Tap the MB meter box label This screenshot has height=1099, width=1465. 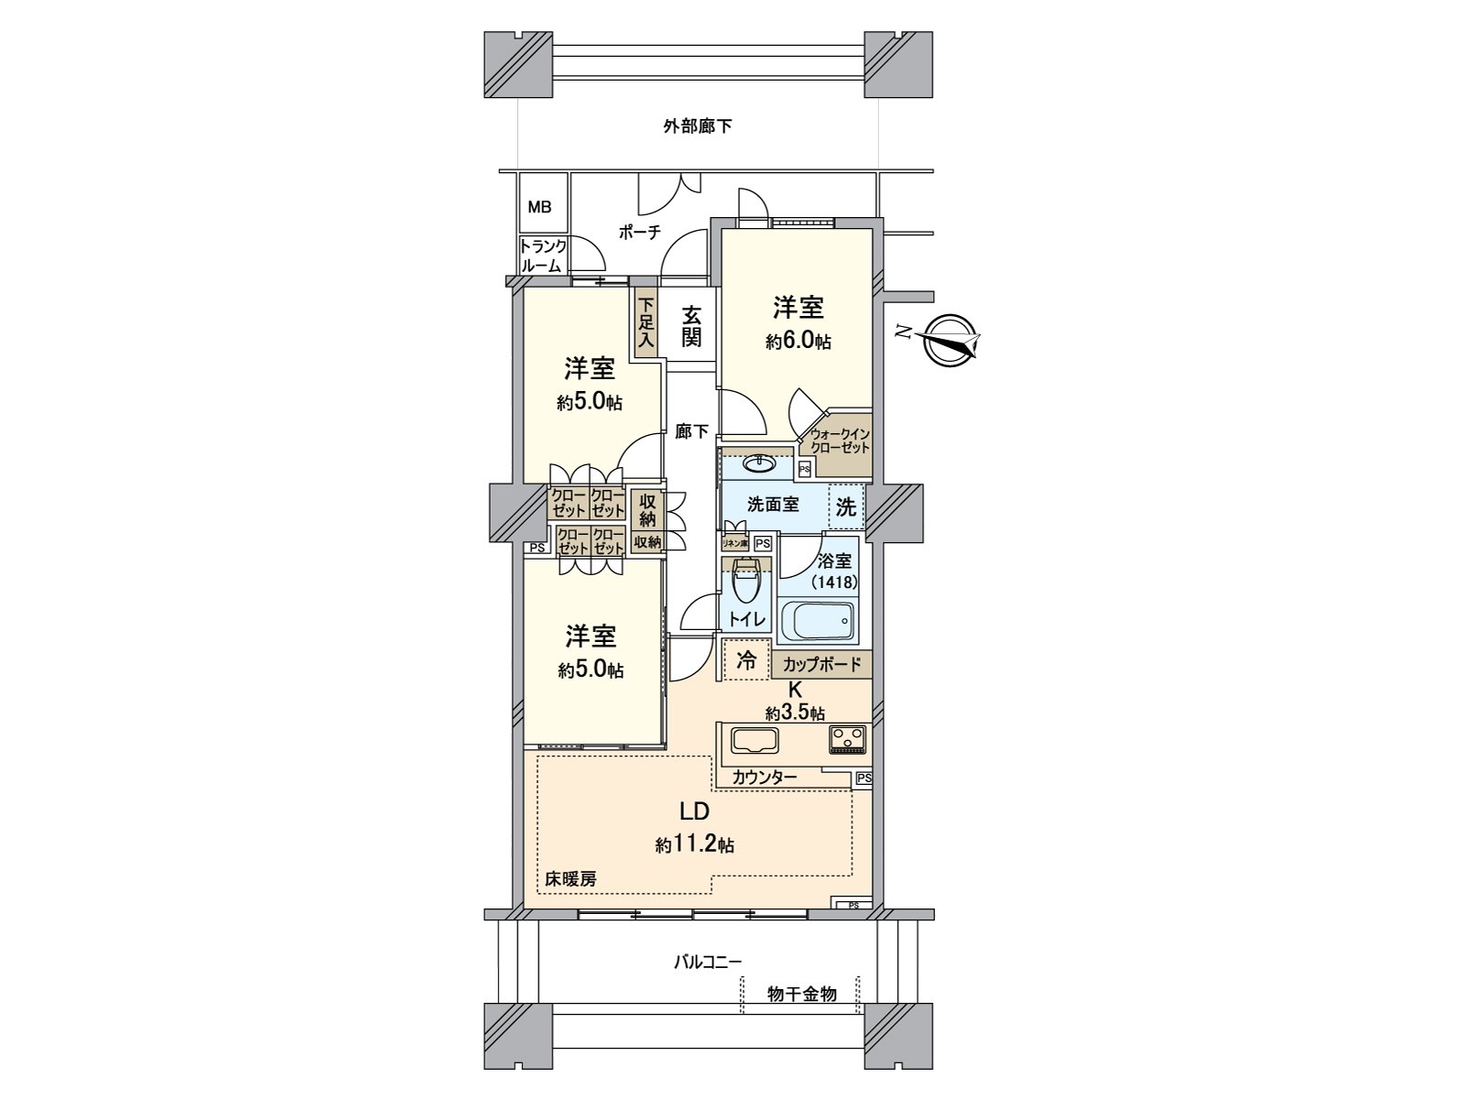pyautogui.click(x=539, y=207)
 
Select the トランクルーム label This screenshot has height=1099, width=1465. pyautogui.click(x=543, y=256)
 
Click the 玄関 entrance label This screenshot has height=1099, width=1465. pyautogui.click(x=691, y=326)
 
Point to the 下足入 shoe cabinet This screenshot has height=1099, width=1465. pyautogui.click(x=646, y=323)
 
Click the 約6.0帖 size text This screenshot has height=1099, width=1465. pyautogui.click(x=798, y=342)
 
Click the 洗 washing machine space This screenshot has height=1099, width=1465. pyautogui.click(x=846, y=506)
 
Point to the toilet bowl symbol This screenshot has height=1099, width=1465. pyautogui.click(x=747, y=582)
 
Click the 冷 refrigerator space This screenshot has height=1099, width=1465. pyautogui.click(x=746, y=659)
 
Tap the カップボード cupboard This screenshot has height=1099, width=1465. pyautogui.click(x=822, y=664)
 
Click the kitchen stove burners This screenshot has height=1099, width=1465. pyautogui.click(x=848, y=738)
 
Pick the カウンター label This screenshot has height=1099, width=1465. pyautogui.click(x=764, y=778)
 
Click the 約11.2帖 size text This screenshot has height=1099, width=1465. pyautogui.click(x=694, y=844)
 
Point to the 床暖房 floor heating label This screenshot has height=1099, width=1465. pyautogui.click(x=572, y=878)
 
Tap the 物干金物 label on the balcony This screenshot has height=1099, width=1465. pyautogui.click(x=801, y=994)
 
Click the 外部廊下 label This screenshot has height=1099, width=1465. pyautogui.click(x=697, y=126)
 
